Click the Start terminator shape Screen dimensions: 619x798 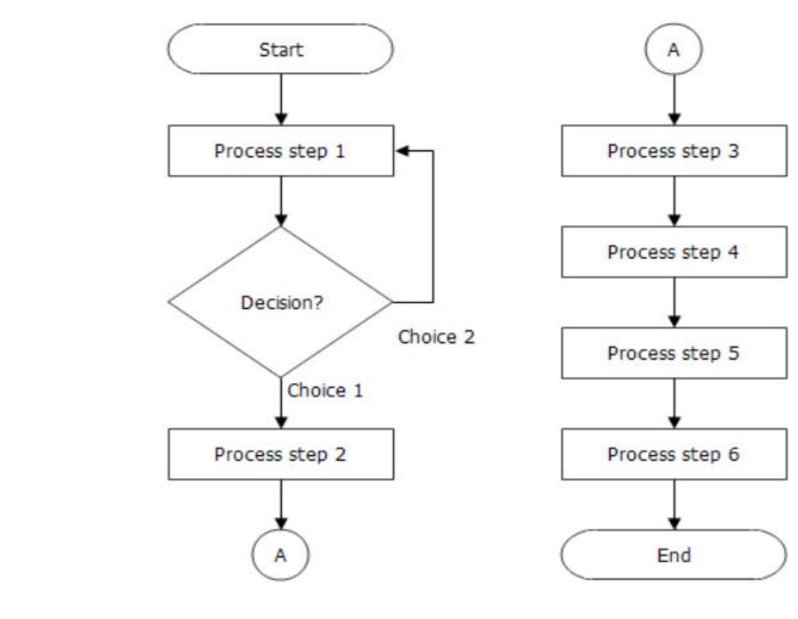(281, 49)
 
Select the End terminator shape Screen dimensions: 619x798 (674, 555)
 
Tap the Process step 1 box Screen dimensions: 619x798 (281, 151)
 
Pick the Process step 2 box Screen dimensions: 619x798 (281, 454)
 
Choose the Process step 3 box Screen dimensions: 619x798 (674, 151)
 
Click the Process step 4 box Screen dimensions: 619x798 (674, 252)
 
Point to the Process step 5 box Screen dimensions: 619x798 (674, 353)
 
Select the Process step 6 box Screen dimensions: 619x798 (674, 454)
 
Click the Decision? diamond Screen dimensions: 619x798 (281, 302)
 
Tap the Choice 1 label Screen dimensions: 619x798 (325, 391)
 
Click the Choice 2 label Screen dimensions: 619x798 (436, 337)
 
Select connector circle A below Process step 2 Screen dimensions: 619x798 (281, 555)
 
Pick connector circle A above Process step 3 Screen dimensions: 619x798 (674, 49)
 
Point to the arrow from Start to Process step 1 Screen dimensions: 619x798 (281, 98)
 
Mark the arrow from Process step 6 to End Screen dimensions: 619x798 (674, 504)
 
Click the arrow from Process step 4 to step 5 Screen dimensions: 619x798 (674, 302)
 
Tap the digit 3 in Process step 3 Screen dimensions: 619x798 (733, 151)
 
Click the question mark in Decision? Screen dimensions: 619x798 (318, 302)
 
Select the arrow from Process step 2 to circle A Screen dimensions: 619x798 (281, 504)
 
